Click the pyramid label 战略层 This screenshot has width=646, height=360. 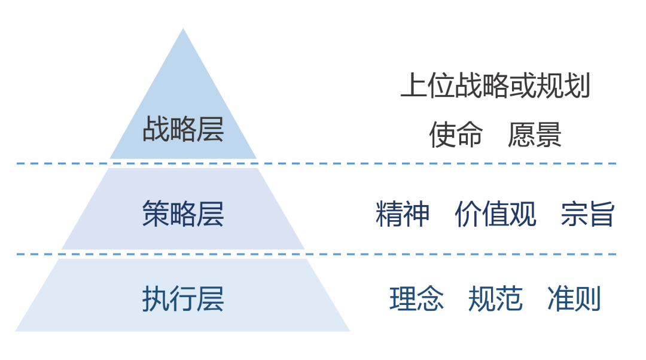click(x=183, y=129)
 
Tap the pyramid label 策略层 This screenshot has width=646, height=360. click(x=183, y=213)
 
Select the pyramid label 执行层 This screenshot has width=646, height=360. click(x=183, y=299)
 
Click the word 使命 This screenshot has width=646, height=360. click(x=456, y=135)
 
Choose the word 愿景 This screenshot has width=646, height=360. click(x=535, y=135)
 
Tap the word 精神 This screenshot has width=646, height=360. click(x=403, y=214)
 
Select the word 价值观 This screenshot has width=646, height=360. click(x=495, y=214)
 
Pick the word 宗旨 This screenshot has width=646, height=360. click(x=587, y=214)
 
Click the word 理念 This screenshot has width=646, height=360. click(x=416, y=299)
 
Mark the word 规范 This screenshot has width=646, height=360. click(x=495, y=299)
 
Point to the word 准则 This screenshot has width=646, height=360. click(x=574, y=299)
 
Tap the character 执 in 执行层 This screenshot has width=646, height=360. click(x=156, y=299)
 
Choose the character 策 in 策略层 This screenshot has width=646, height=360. click(x=156, y=213)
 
